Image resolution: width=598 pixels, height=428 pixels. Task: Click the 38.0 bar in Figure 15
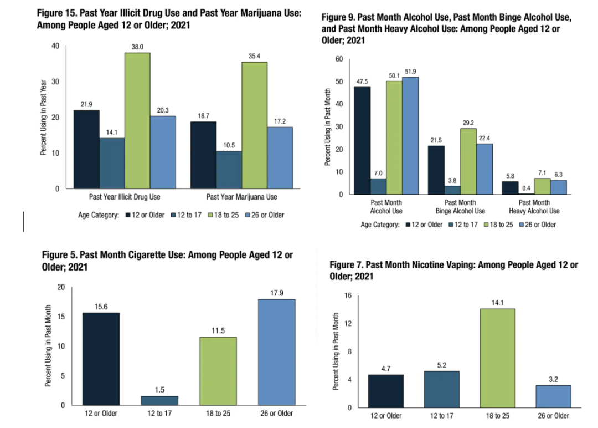click(137, 120)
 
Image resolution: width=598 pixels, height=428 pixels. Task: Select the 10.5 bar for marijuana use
click(229, 170)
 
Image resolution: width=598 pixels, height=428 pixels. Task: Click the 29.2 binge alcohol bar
click(468, 161)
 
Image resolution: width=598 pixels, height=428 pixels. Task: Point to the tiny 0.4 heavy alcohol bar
click(525, 194)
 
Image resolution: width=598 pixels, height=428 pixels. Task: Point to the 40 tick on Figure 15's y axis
click(55, 46)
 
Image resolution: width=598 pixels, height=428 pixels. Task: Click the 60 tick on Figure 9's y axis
click(339, 59)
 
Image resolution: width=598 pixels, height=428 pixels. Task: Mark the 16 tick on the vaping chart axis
click(348, 295)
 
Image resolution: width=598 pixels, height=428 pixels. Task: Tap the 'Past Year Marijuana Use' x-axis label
click(241, 197)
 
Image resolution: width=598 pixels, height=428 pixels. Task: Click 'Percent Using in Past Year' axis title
click(43, 118)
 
